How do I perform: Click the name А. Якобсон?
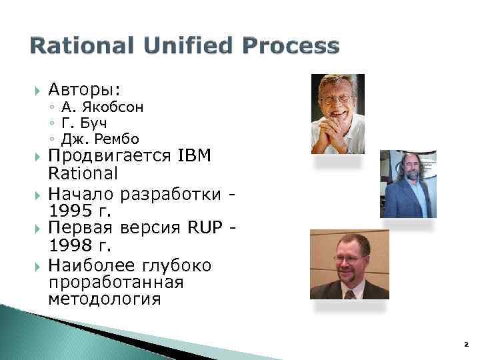(x=101, y=107)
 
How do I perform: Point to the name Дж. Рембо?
(x=100, y=139)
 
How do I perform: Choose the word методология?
(x=105, y=299)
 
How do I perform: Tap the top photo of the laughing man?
(x=337, y=113)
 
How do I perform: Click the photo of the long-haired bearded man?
(x=407, y=184)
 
